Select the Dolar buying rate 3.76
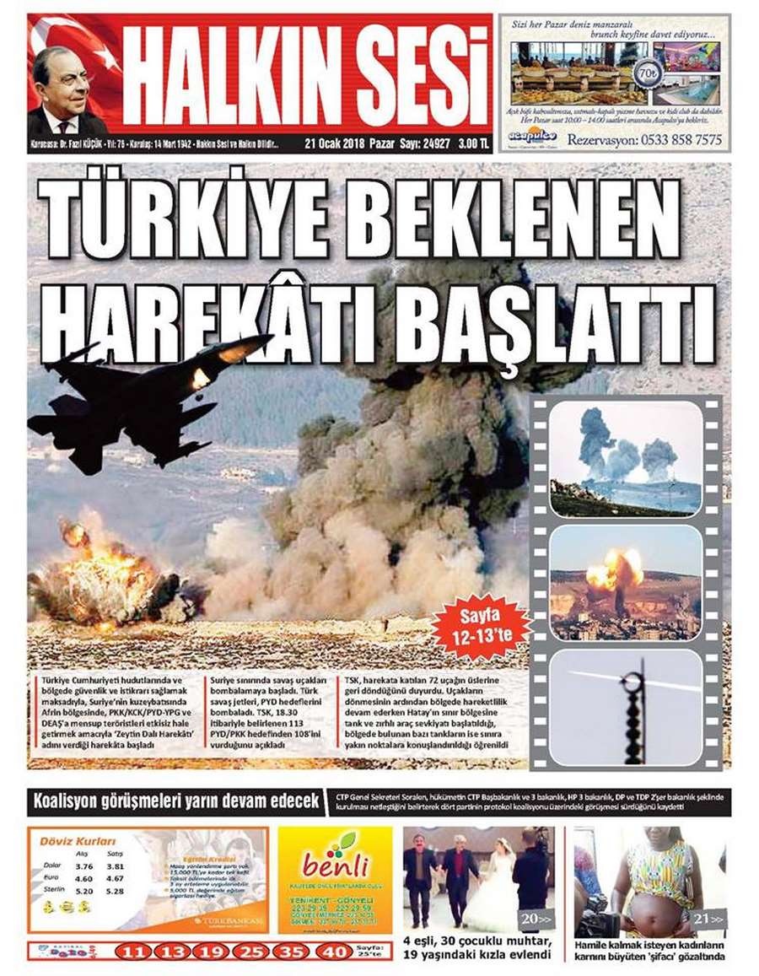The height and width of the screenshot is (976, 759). [x=83, y=865]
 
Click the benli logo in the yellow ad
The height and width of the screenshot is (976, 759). [x=335, y=863]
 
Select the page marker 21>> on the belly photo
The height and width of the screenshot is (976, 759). [x=706, y=919]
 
